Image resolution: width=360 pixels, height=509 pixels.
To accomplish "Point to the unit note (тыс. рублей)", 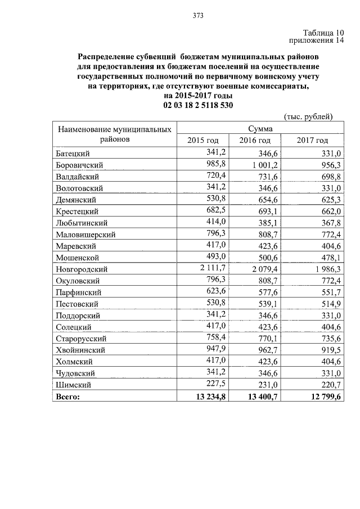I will [x=309, y=116].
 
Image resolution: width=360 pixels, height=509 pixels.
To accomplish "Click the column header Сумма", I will [x=261, y=129].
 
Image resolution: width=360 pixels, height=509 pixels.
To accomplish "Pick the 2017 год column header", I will [x=312, y=140].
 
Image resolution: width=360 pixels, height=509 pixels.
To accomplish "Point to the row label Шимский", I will [x=74, y=385].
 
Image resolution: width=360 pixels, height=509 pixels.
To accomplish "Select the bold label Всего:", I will [x=68, y=397].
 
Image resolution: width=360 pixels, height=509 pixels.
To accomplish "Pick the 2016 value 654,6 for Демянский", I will [x=267, y=199].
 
